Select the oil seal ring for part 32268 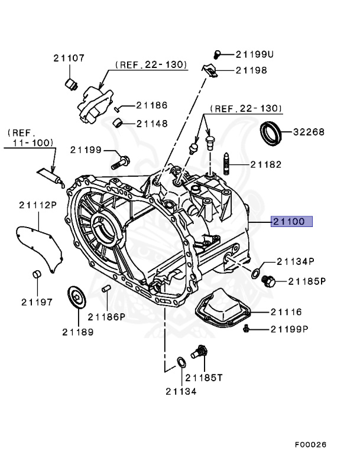coord(273,133)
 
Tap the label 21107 coord(69,58)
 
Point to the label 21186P coord(107,316)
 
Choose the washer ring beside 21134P coord(255,273)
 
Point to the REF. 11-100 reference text coord(30,138)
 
